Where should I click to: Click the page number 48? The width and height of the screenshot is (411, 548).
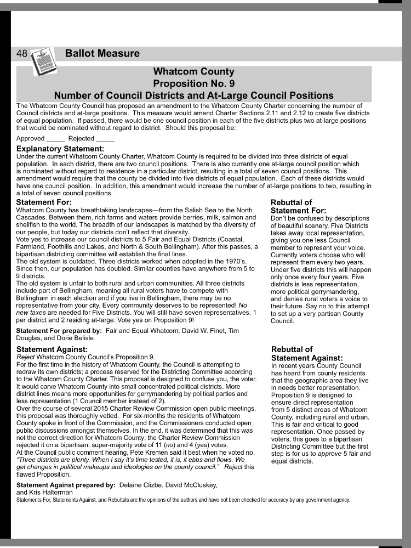tap(22, 54)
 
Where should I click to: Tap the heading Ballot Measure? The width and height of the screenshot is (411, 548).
tap(102, 54)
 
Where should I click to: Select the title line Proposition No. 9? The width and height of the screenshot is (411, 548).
tap(193, 83)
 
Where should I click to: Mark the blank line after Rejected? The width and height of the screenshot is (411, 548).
tap(105, 139)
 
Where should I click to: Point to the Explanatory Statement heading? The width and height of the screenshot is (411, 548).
tap(60, 149)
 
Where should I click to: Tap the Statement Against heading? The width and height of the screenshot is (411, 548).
tap(52, 349)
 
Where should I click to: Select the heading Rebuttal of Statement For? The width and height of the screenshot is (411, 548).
tap(298, 206)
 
